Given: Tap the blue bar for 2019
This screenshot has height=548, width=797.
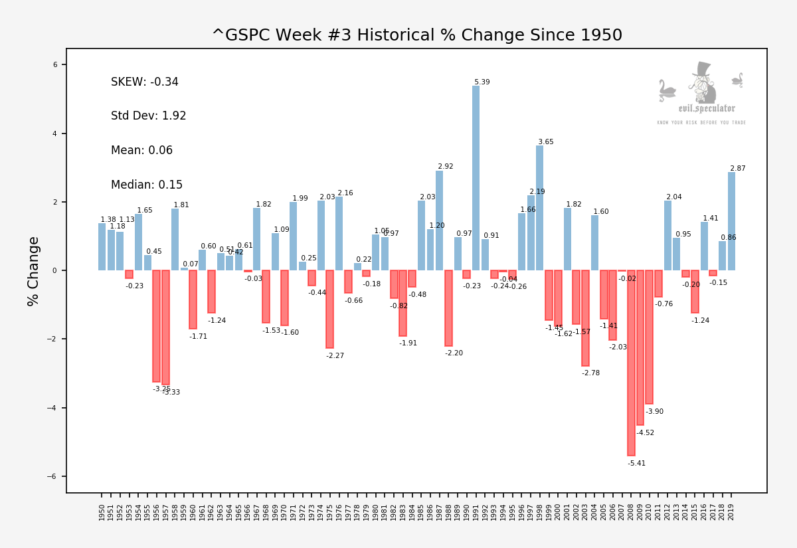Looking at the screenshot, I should [731, 221].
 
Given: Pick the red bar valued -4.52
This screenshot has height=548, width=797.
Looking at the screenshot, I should [640, 347].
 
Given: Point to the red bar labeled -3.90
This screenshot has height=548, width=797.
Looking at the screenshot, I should [649, 337].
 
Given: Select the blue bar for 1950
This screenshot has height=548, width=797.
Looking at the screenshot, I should [102, 246].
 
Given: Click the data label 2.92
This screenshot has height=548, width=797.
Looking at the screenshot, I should [445, 167].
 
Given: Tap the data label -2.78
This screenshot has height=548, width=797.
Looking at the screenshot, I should [590, 373].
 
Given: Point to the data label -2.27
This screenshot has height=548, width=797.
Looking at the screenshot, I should [335, 356].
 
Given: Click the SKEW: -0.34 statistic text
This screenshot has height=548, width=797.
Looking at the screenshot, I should [145, 82].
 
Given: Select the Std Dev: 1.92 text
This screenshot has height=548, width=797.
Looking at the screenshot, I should [148, 116].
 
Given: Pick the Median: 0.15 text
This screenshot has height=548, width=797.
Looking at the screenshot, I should [147, 185].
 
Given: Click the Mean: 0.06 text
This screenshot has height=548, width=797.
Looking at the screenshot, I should [141, 151].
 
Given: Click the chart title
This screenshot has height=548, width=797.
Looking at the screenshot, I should [416, 35].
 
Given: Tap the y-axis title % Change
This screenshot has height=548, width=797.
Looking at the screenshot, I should [34, 270].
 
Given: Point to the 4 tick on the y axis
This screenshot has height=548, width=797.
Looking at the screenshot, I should [56, 134].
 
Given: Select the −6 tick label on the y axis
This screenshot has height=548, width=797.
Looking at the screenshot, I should [54, 476].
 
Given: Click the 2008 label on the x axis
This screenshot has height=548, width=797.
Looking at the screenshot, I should [632, 512].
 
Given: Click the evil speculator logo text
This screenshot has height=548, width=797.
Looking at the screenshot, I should [706, 108].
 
